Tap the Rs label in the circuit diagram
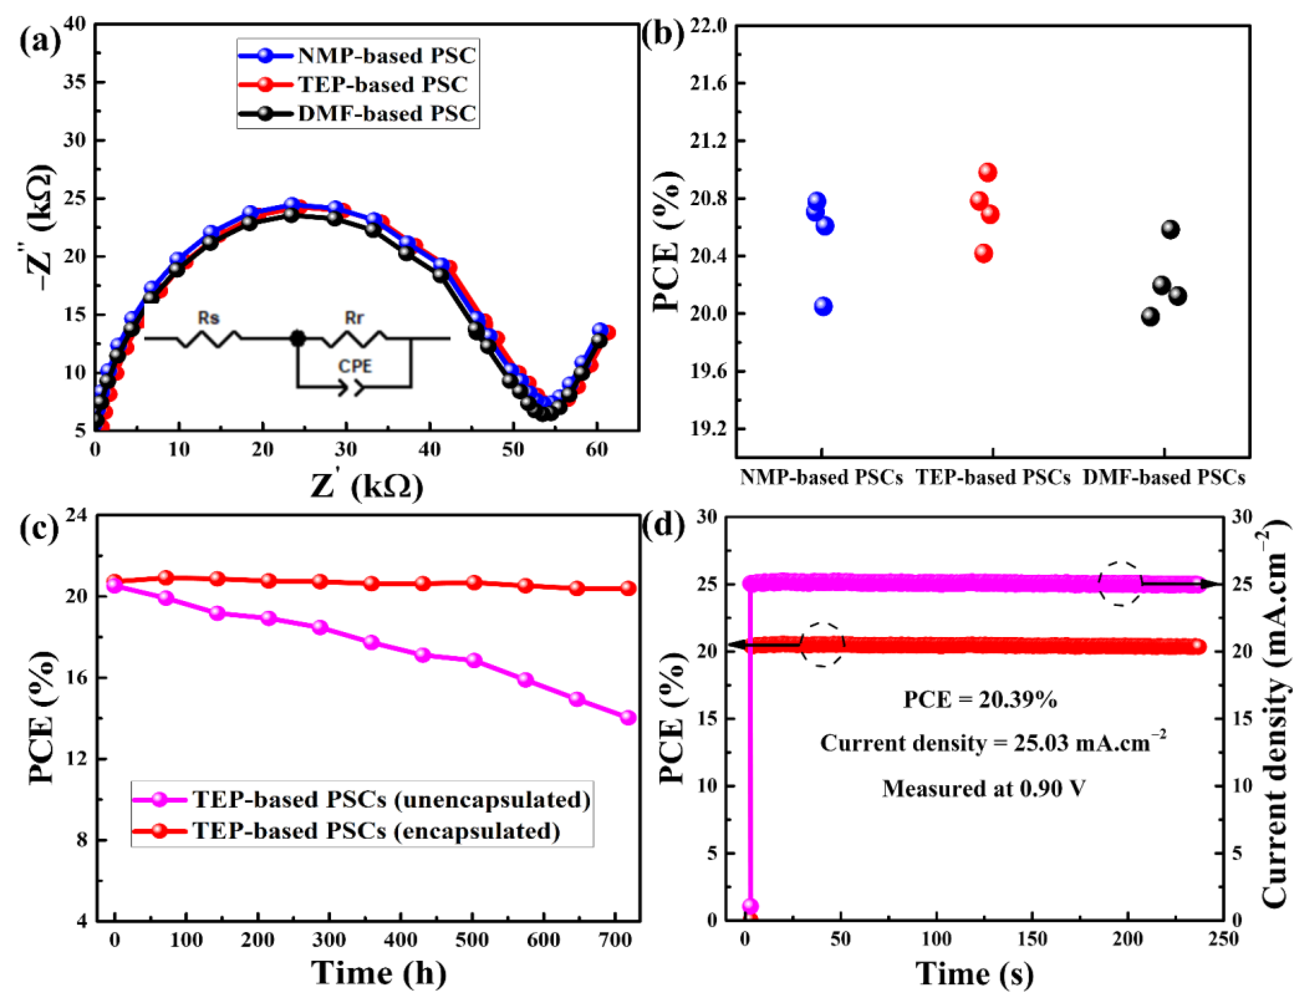(x=209, y=318)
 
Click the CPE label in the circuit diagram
(x=355, y=366)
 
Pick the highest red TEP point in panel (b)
(x=987, y=173)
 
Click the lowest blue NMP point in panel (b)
(x=823, y=306)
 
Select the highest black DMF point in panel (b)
(x=1170, y=229)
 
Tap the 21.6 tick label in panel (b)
(x=709, y=83)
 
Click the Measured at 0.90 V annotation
(x=984, y=789)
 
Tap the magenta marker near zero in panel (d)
(x=750, y=906)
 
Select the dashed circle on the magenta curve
(x=1120, y=584)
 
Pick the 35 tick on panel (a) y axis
(x=75, y=82)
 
